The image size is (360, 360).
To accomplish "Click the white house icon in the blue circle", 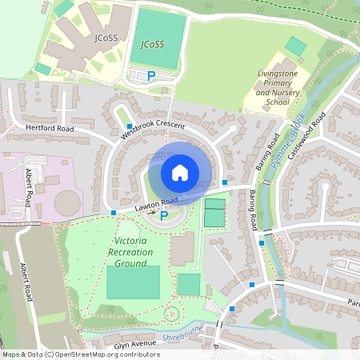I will point(180,172).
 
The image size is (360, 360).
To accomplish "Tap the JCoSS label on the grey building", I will point(107,37).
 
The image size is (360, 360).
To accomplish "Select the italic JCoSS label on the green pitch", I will point(151,43).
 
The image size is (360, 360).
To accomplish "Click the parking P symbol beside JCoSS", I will point(150,75).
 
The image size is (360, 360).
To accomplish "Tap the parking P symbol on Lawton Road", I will point(186,214).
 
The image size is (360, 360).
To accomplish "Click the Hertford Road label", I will point(50,128).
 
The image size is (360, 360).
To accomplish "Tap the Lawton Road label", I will point(156,206).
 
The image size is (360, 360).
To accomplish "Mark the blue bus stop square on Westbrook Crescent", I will point(129,126).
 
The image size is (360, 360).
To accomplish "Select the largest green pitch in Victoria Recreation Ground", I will point(133,282).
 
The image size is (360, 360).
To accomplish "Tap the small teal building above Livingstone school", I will point(296,46).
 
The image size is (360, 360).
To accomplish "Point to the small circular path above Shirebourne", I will point(170,314).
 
